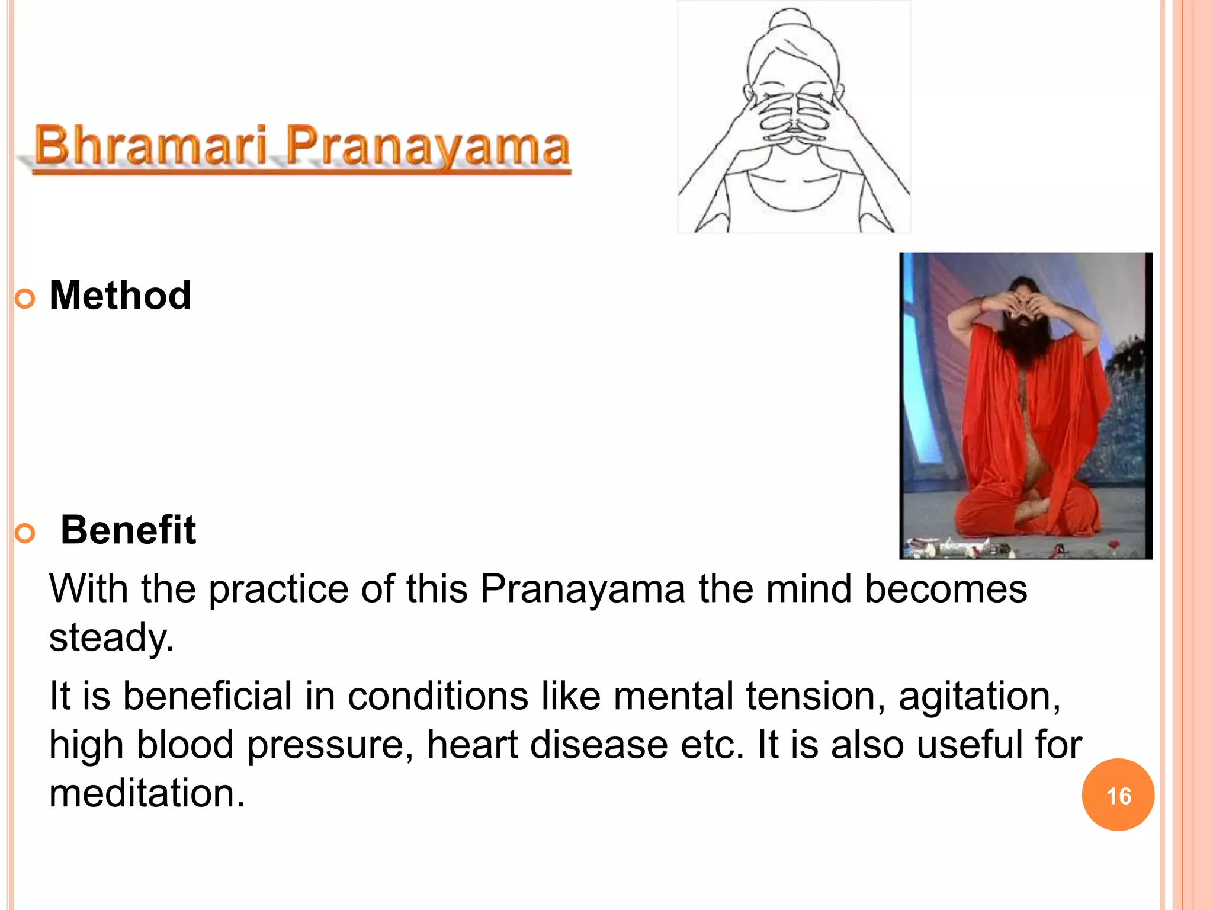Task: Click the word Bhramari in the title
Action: pyautogui.click(x=151, y=145)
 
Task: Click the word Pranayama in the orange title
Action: pyautogui.click(x=428, y=146)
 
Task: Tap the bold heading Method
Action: pyautogui.click(x=120, y=295)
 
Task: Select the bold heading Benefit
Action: pyautogui.click(x=128, y=530)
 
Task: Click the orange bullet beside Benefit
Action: pyautogui.click(x=25, y=533)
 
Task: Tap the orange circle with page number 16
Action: pyautogui.click(x=1118, y=795)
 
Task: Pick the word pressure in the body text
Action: pyautogui.click(x=330, y=745)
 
